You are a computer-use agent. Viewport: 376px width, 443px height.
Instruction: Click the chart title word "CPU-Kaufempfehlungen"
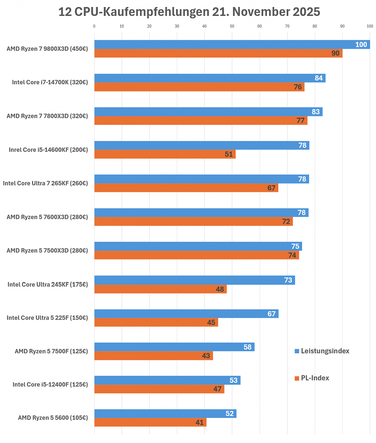(x=142, y=12)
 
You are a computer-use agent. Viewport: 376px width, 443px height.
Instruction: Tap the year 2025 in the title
(x=306, y=12)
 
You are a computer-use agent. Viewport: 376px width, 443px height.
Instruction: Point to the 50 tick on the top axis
(x=231, y=26)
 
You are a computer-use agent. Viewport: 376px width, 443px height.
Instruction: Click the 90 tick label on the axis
(x=342, y=26)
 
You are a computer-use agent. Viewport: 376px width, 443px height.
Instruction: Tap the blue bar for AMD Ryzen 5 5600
(x=165, y=413)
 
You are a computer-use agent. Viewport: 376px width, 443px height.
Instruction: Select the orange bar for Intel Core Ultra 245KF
(x=160, y=289)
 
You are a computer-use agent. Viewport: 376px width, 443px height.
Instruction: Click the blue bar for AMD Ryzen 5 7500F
(x=174, y=347)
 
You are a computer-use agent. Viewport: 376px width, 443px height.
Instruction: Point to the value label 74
(x=292, y=255)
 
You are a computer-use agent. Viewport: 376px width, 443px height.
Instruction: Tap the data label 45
(x=211, y=322)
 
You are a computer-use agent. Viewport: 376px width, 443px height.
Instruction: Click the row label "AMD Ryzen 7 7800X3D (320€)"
(x=47, y=116)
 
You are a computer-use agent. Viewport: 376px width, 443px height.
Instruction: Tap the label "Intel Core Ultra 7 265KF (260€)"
(x=45, y=183)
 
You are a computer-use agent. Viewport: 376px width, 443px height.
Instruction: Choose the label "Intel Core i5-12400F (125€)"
(x=50, y=384)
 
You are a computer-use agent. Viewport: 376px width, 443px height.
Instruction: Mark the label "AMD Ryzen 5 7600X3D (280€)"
(x=47, y=217)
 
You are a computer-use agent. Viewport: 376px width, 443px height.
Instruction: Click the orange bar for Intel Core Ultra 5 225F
(x=156, y=322)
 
